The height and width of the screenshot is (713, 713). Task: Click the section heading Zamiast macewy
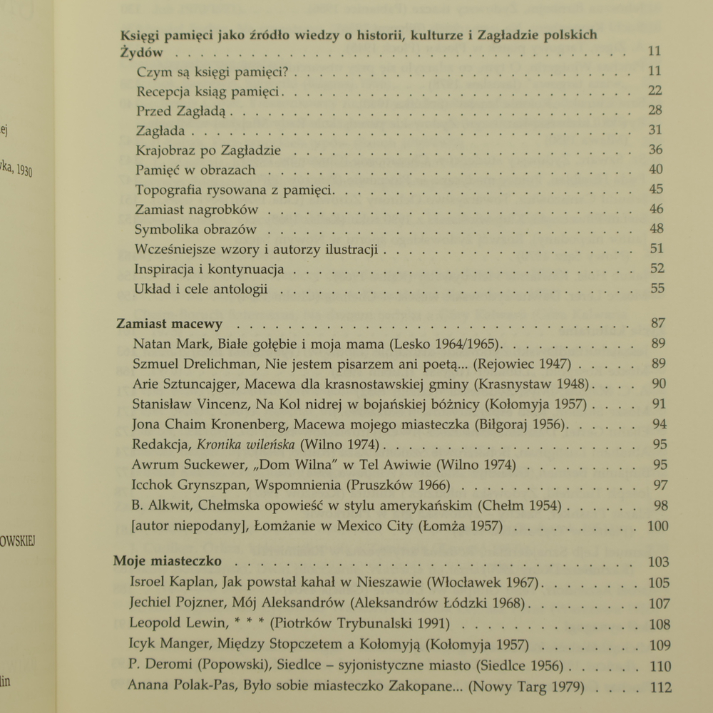click(169, 323)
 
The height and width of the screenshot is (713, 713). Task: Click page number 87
click(658, 323)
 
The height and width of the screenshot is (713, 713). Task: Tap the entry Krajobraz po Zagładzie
click(207, 150)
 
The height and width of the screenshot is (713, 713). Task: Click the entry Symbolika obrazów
click(195, 230)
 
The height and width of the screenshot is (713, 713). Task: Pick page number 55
click(657, 289)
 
